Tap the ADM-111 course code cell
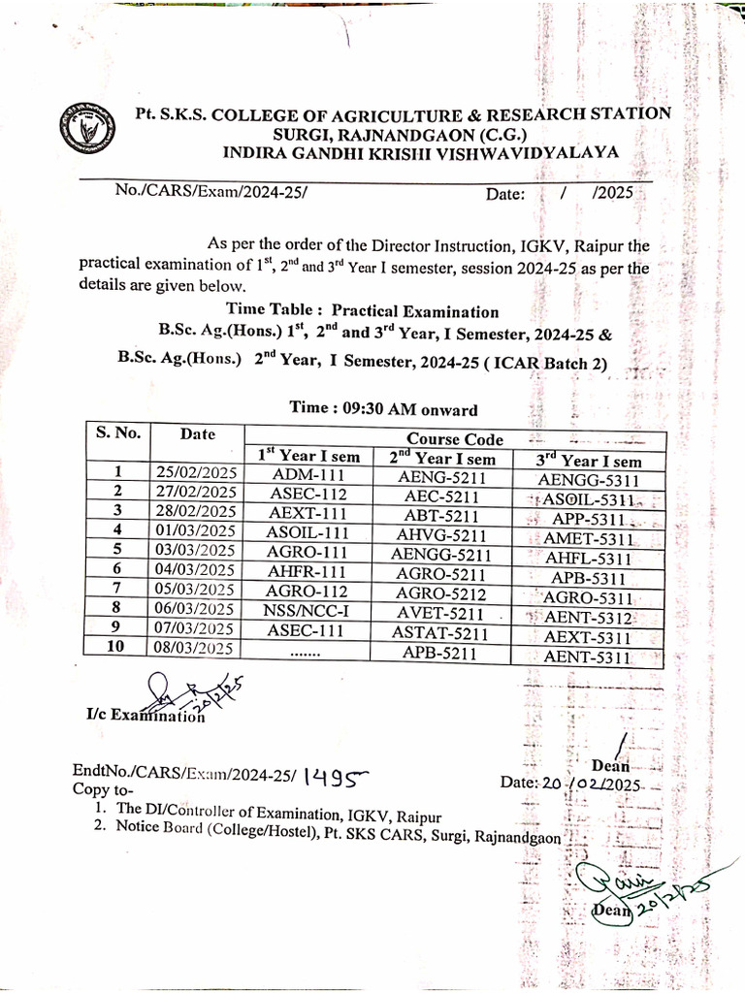coord(308,476)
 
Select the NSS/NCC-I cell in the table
coord(308,610)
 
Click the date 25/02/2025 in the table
coord(195,474)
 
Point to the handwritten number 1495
coord(336,775)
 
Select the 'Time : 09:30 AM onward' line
coord(383,409)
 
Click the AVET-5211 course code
coord(440,613)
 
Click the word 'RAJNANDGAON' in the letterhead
coord(390,133)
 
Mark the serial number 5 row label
coord(116,549)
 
